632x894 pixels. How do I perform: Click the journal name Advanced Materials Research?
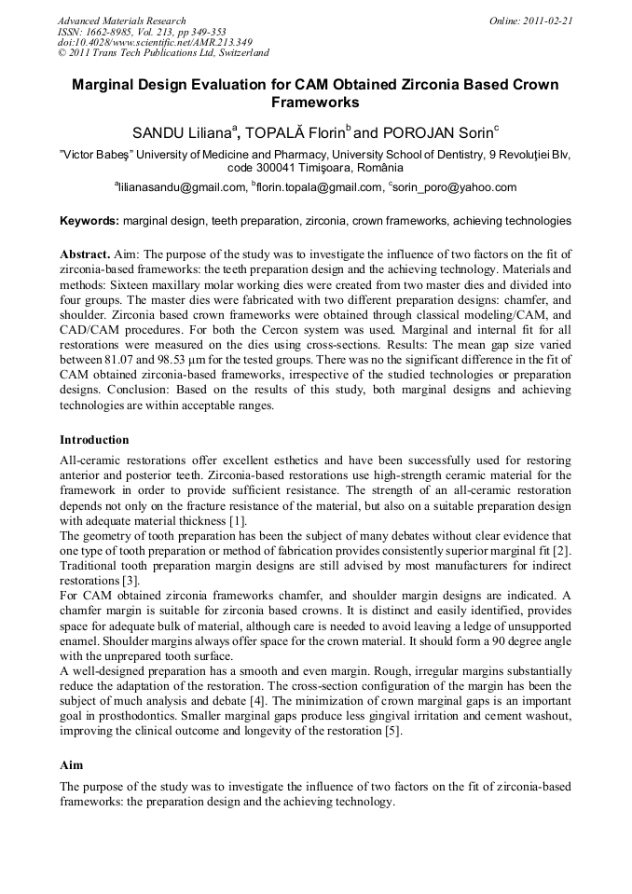[121, 21]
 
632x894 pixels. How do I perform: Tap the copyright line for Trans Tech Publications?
[163, 53]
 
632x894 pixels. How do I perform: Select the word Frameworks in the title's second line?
[315, 103]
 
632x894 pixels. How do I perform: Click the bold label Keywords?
[89, 222]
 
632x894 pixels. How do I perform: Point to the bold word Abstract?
[84, 254]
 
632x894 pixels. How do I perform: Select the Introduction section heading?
[94, 439]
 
